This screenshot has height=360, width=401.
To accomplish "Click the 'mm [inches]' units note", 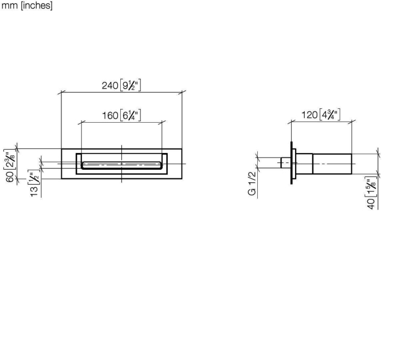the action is click(27, 5).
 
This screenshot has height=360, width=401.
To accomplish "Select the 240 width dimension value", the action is click(110, 85).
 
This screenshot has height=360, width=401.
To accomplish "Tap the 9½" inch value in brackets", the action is click(131, 85).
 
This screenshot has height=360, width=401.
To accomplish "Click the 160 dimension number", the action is click(110, 116).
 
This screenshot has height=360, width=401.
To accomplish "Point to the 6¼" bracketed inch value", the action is click(131, 115).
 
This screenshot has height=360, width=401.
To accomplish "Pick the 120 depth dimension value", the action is click(310, 115).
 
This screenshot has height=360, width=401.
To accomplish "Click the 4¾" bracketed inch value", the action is click(330, 115).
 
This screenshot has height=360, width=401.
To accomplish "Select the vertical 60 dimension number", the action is click(10, 177).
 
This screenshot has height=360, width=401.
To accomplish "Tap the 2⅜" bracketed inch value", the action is click(10, 160).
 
